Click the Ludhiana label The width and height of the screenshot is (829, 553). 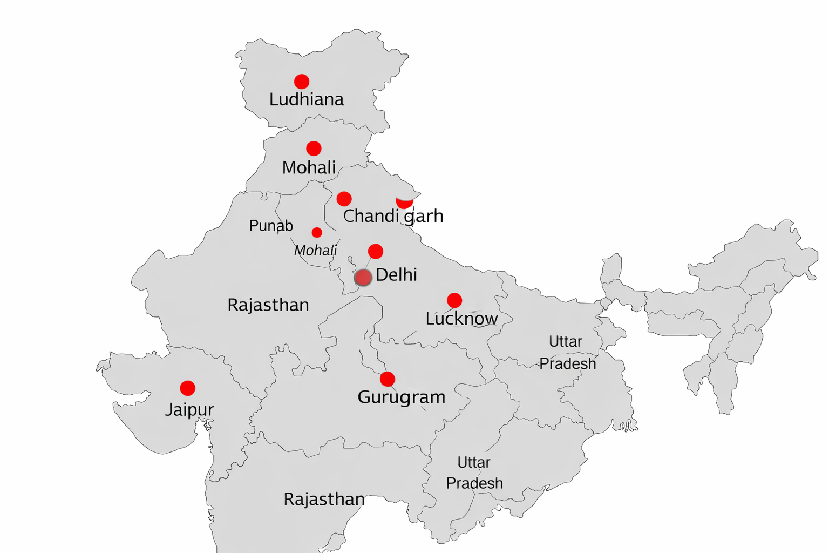pos(306,99)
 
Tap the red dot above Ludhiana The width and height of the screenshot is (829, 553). pos(302,82)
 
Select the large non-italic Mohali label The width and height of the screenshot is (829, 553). pos(309,167)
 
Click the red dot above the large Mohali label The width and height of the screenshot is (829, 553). pos(314,149)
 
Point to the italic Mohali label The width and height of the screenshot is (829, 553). pos(315,250)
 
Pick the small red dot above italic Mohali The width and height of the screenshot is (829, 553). pos(317,232)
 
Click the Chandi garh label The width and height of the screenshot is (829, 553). pos(393,216)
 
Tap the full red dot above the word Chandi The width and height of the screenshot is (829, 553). pos(344,199)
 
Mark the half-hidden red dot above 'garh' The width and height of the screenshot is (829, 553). pos(404,203)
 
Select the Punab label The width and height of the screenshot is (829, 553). pos(271,225)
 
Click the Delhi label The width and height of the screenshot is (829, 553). pos(396,275)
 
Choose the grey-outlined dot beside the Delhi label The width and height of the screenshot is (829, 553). pos(363,278)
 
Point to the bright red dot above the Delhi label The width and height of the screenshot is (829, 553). pos(376,251)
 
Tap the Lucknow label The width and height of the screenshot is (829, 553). pos(461,319)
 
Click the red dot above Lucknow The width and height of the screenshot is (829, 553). pos(454,300)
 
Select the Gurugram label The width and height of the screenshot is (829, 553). pos(401,397)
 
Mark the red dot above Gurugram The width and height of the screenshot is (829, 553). pos(387,379)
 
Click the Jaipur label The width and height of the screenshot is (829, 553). pos(189,409)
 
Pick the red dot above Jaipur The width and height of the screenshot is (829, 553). pos(187,388)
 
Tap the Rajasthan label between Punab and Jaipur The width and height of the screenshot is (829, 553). pos(268,305)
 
